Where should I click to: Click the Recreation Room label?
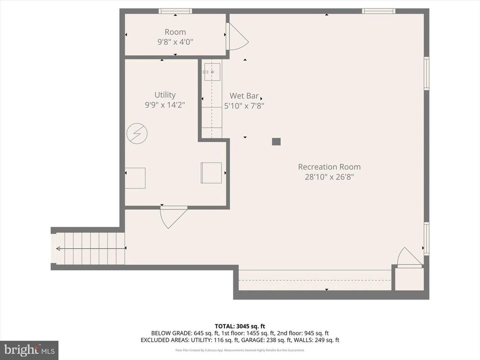329,167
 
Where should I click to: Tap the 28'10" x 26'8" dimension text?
329,177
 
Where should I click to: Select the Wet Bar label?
244,96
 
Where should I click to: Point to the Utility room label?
165,95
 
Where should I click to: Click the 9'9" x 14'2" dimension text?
165,105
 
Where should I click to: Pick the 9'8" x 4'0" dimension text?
175,42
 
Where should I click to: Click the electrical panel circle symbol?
137,133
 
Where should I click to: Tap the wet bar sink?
212,71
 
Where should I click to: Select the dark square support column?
276,141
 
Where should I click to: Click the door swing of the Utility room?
172,216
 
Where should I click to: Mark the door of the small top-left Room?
236,37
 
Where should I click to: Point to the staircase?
90,249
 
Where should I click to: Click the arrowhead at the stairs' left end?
58,249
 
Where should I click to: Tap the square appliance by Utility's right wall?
211,173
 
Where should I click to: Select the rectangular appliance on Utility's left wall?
135,178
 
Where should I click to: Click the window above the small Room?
175,11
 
